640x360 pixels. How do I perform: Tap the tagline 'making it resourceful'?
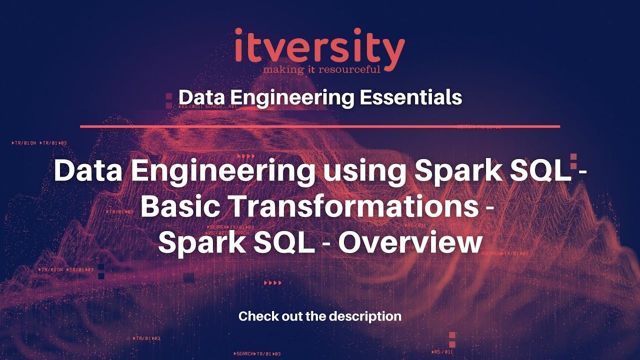[322, 68]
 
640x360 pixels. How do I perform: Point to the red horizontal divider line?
[320, 126]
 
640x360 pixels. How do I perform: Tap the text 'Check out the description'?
[320, 316]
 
